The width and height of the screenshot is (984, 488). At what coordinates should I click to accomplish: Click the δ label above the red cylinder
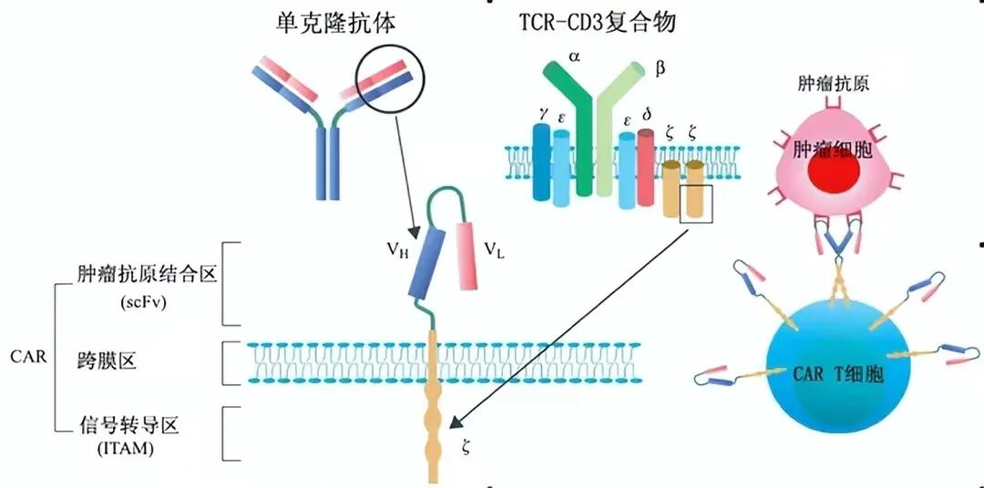pyautogui.click(x=647, y=115)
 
